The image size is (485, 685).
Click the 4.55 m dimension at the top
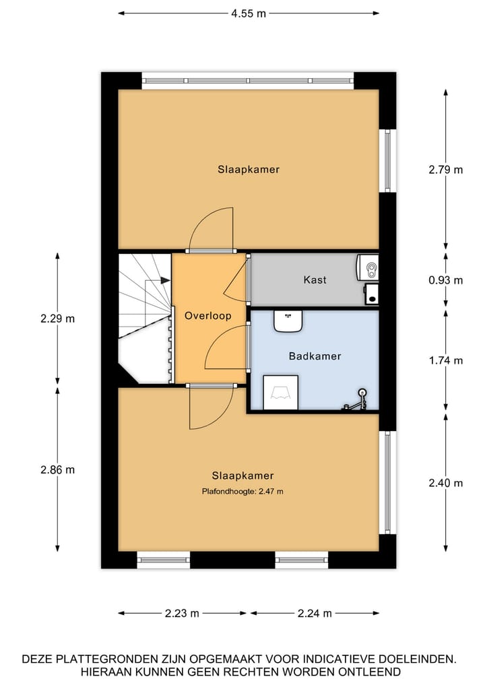(x=247, y=13)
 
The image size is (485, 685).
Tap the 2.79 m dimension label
(x=446, y=170)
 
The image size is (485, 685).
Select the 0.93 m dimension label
(x=446, y=280)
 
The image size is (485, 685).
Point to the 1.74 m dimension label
(x=446, y=360)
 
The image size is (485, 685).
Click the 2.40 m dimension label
(x=446, y=483)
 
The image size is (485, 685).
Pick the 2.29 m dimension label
(x=57, y=319)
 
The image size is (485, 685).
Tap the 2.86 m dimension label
(x=57, y=469)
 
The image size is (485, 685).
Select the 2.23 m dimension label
(x=182, y=613)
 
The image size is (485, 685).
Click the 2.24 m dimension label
(x=315, y=613)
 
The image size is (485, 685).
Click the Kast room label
(x=315, y=280)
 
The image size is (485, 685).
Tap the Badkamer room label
(x=315, y=356)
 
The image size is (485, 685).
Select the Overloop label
(x=208, y=315)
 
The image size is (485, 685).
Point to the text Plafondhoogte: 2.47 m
(x=243, y=492)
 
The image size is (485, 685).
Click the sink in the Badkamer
(x=288, y=320)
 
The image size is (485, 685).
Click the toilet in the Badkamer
(x=280, y=392)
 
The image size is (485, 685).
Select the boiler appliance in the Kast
(x=368, y=267)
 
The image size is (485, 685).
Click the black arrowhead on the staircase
(x=164, y=280)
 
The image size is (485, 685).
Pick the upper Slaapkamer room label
(x=248, y=170)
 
